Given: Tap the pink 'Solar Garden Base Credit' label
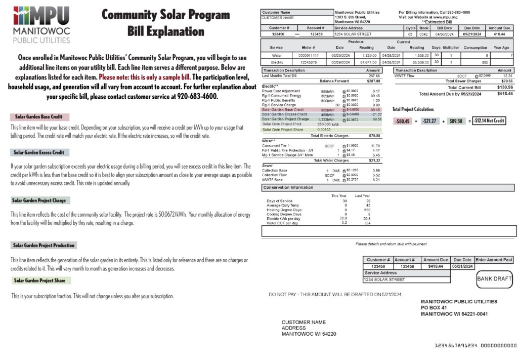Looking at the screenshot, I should (x=38, y=117).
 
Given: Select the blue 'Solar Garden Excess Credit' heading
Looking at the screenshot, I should (x=39, y=152).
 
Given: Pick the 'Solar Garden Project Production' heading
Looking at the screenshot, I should (x=44, y=245).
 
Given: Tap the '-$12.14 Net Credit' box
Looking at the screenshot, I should (x=489, y=121).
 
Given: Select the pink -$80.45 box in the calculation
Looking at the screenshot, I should (x=403, y=121).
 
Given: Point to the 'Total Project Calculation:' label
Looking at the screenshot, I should (x=413, y=109).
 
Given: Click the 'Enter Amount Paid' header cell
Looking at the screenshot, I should (x=494, y=260).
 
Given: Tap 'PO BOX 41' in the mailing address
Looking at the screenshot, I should (x=434, y=308).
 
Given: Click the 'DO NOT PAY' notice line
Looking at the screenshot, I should (x=335, y=294).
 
